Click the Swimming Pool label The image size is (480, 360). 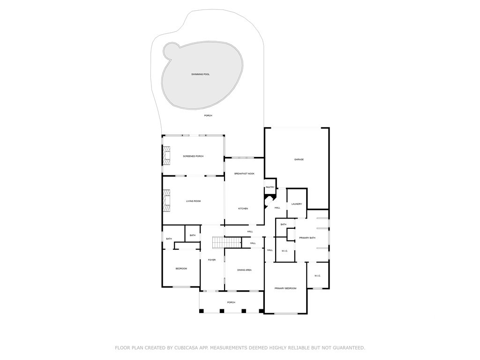click(200, 75)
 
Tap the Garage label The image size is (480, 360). click(299, 159)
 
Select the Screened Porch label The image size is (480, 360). click(193, 156)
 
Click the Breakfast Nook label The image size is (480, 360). click(244, 174)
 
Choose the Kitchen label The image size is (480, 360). click(243, 209)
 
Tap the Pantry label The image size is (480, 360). click(270, 187)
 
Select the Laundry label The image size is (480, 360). click(296, 204)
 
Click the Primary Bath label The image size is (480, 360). click(307, 238)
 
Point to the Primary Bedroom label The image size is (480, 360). click(285, 288)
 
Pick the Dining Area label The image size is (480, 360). click(244, 270)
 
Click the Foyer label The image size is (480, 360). click(212, 260)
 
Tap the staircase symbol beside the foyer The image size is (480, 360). click(226, 242)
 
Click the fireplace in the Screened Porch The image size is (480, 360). click(166, 156)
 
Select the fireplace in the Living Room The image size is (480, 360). click(166, 201)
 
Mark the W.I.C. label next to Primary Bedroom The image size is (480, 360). click(317, 276)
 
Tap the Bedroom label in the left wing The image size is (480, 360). click(181, 269)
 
